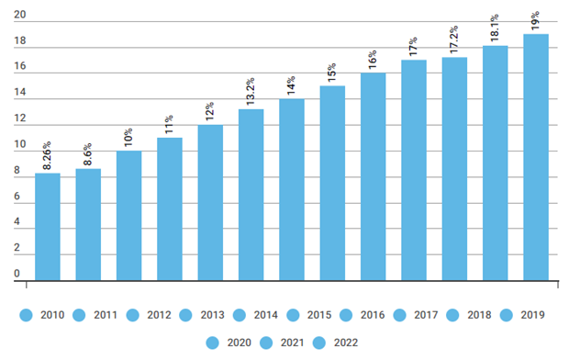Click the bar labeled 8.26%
(x=47, y=226)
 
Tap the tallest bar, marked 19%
(x=536, y=156)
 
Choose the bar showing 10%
(x=128, y=215)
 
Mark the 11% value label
(x=169, y=125)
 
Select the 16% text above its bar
(x=372, y=60)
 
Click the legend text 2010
(x=54, y=315)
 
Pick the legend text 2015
(x=319, y=315)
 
